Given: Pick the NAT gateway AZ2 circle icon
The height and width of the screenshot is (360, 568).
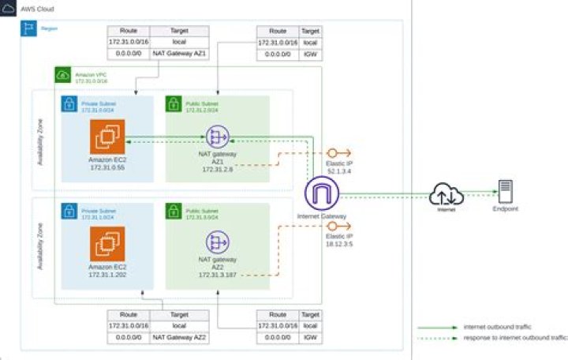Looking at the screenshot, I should coord(217,242).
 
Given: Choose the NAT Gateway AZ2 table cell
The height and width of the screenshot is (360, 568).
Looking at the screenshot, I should coord(179,337).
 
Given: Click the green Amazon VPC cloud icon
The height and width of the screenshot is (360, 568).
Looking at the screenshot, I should coord(63,76).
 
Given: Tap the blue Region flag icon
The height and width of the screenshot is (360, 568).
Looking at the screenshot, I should coord(28,29).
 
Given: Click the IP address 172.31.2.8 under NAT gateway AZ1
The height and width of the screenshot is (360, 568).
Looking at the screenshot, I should coord(217,169).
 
